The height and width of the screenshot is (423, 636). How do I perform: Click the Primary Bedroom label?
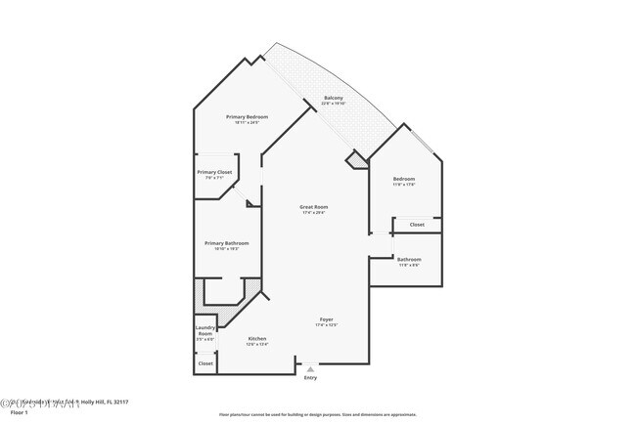click(x=247, y=116)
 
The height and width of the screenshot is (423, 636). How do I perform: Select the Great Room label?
click(x=313, y=206)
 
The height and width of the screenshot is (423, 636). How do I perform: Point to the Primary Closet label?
click(x=214, y=172)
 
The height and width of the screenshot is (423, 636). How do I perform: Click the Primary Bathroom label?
click(x=226, y=243)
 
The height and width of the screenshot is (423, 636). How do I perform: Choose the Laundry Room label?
click(x=204, y=330)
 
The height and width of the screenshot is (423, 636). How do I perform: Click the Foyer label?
click(x=327, y=319)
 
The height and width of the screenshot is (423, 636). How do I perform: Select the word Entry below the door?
click(x=310, y=377)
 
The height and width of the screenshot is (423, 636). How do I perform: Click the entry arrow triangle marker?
click(x=310, y=368)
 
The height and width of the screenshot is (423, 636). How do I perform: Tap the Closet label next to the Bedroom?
click(x=417, y=225)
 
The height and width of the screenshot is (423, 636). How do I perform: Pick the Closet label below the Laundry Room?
click(x=205, y=363)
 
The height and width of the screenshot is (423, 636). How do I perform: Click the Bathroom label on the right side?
click(x=409, y=259)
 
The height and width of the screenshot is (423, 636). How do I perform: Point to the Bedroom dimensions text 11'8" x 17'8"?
click(x=404, y=185)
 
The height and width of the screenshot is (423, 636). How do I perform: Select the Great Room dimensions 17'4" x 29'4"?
click(x=313, y=212)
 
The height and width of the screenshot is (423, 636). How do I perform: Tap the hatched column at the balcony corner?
click(x=354, y=159)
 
